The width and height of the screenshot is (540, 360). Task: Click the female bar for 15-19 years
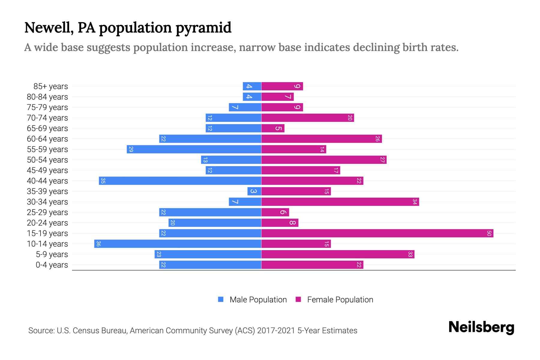[377, 233]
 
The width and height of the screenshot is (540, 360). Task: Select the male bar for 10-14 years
[178, 244]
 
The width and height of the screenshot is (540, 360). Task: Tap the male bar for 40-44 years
[180, 181]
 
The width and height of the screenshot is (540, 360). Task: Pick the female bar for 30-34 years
[340, 202]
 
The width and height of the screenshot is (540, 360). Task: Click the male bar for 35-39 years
[254, 191]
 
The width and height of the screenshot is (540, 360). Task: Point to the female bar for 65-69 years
[273, 128]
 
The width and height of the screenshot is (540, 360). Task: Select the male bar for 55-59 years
[194, 149]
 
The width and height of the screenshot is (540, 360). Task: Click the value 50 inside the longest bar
[489, 233]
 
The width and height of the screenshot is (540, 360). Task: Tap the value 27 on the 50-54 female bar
[382, 160]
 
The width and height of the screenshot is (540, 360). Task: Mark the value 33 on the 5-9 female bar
[410, 254]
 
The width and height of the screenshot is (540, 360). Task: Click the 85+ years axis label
[51, 86]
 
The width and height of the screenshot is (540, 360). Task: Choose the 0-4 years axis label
[52, 265]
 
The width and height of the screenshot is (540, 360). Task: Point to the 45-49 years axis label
[47, 170]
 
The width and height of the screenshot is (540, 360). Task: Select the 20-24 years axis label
[47, 223]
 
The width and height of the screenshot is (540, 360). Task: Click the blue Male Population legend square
[221, 299]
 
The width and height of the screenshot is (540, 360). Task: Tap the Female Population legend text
[340, 299]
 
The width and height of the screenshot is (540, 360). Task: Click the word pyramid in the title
[203, 28]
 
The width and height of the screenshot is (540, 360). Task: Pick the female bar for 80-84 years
[277, 97]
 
